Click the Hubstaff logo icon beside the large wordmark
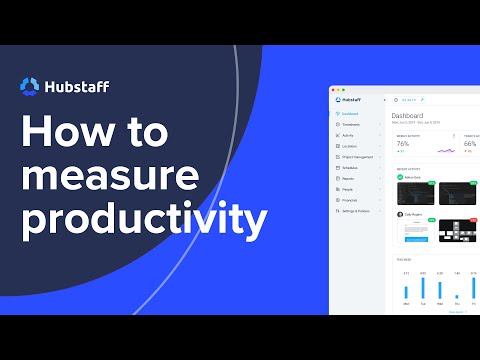click(31, 87)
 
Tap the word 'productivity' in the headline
click(146, 218)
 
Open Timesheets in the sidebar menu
click(351, 125)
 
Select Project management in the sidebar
click(357, 157)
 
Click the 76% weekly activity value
click(403, 143)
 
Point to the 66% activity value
click(470, 143)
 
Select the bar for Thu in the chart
click(457, 296)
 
